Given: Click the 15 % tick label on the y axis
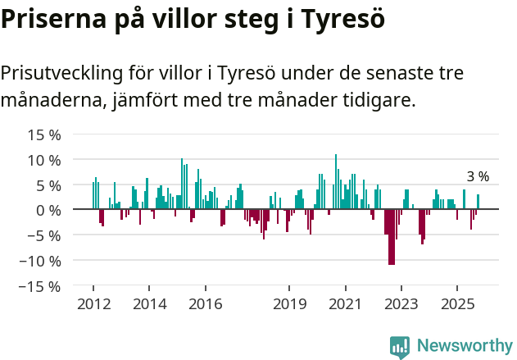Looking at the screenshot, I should [45, 134].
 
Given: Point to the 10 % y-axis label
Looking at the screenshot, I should [45, 160].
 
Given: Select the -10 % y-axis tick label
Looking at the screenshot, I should [42, 261].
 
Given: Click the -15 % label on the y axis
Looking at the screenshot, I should [42, 286].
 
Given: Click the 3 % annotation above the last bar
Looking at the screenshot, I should [478, 176].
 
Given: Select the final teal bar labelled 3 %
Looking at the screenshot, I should [478, 202].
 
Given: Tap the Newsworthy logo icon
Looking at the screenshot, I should [400, 347].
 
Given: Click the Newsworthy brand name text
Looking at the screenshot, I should [465, 346].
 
